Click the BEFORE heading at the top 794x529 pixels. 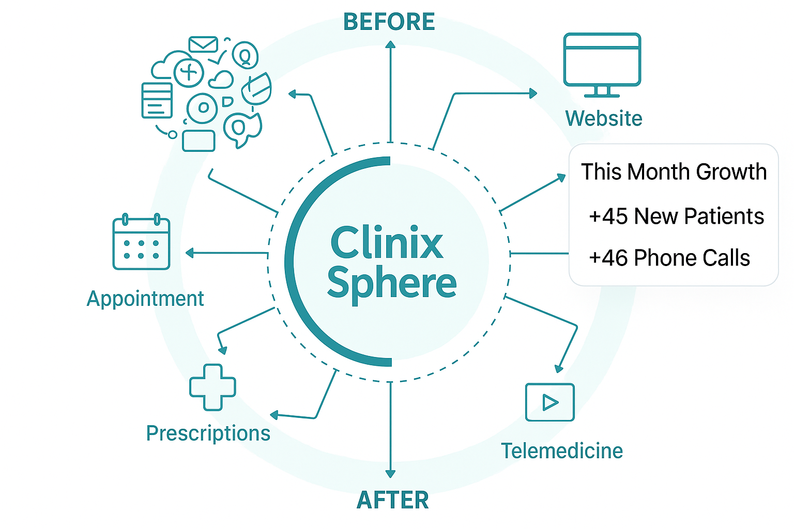coord(389,22)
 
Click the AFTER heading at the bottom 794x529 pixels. coord(393,500)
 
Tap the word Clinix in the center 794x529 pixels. coord(386,243)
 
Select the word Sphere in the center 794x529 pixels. coord(391,284)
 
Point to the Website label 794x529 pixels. coord(603,118)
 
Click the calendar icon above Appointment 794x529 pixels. coord(141,242)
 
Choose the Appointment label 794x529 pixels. coord(145,299)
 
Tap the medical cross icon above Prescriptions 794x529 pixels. coord(212,387)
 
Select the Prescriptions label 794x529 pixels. coord(208,433)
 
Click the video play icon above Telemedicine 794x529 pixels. coord(549,402)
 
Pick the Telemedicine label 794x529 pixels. coord(562,451)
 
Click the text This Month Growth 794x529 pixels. coord(674,172)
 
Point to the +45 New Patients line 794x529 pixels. coord(676,216)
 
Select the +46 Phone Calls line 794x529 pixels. coord(669,258)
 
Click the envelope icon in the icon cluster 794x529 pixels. coord(203,44)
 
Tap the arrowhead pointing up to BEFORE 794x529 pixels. coord(390,45)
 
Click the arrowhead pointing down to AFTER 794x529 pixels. coord(390,473)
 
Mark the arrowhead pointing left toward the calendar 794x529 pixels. coord(190,253)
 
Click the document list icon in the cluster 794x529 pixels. coord(157,100)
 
